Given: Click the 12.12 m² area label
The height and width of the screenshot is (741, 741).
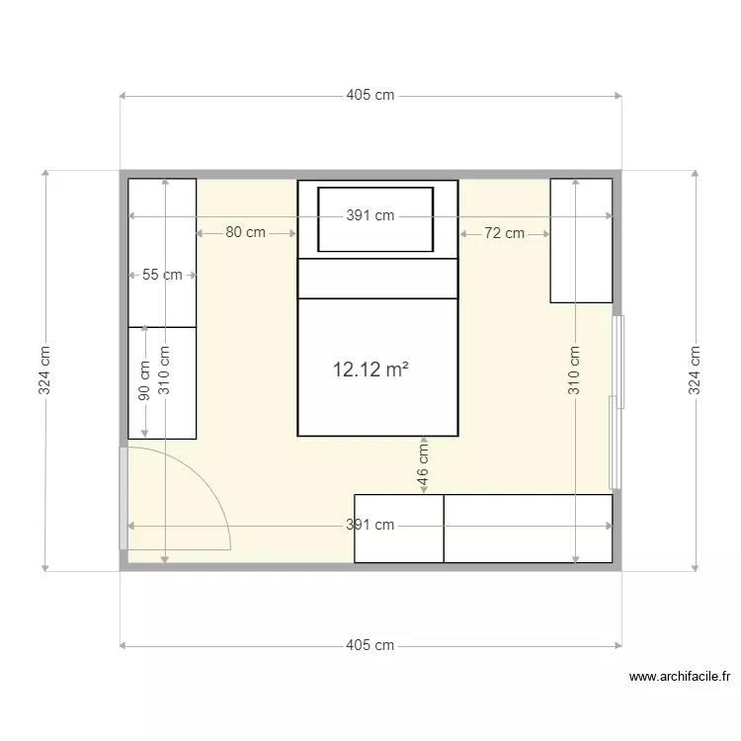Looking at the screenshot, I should (x=370, y=370).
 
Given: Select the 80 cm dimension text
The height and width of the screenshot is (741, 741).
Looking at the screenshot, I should (x=245, y=233).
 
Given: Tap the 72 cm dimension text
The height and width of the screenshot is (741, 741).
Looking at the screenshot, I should (x=504, y=234).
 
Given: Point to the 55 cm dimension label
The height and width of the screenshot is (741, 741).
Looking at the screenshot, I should (x=162, y=275).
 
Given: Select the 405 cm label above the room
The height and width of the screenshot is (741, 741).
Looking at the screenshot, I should (x=370, y=96).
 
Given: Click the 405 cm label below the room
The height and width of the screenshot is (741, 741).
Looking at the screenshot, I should (x=370, y=646).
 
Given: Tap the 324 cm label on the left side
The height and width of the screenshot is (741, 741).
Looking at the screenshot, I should (x=44, y=370).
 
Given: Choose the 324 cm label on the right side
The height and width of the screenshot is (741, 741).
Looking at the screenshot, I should (x=696, y=370).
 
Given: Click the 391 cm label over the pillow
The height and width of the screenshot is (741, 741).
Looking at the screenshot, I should (x=370, y=216).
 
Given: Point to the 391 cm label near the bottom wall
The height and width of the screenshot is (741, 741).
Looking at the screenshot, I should (x=370, y=526).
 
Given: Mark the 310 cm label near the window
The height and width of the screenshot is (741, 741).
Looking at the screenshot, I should (x=575, y=370).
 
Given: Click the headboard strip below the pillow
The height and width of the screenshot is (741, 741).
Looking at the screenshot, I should (x=377, y=278).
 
